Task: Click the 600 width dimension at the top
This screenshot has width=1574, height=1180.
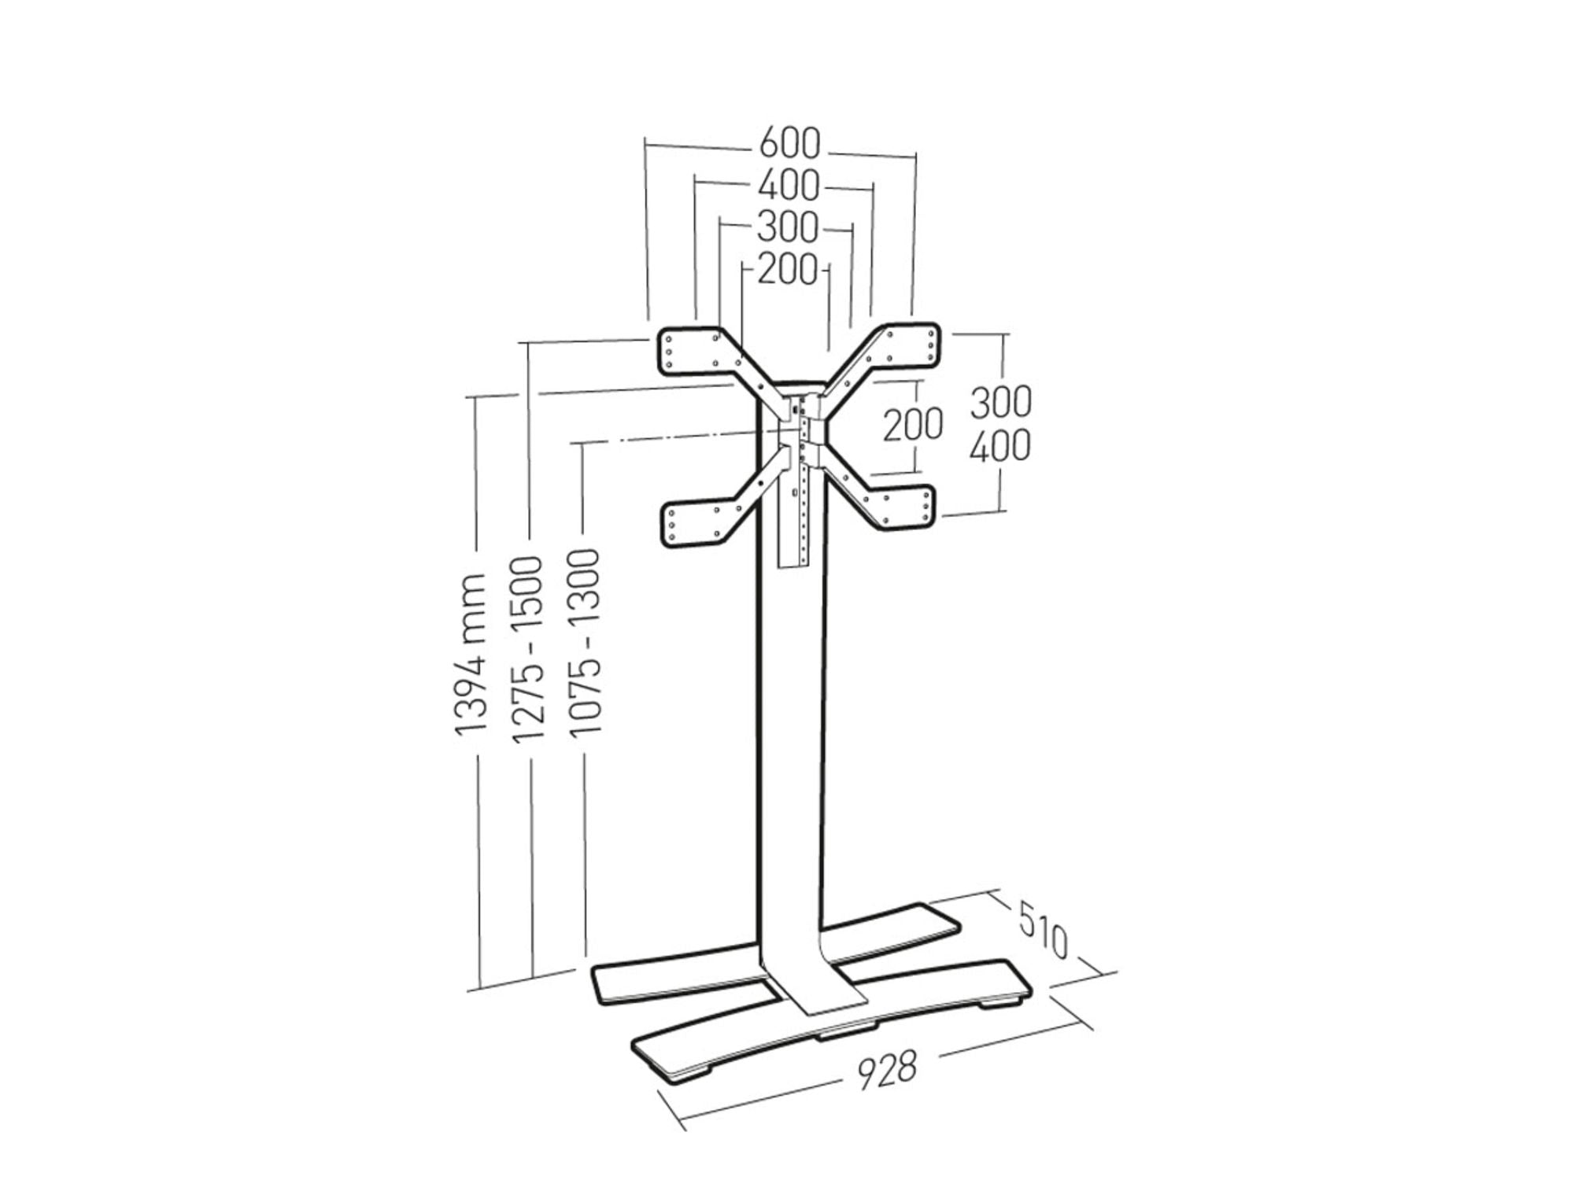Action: [789, 144]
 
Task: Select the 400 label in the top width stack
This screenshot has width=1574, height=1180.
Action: [789, 186]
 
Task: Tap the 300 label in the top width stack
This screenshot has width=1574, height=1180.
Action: [788, 228]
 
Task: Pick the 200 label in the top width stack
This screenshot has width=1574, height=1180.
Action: [788, 271]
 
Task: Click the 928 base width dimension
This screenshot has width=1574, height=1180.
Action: [887, 1071]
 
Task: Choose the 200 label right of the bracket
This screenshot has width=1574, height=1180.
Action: [912, 426]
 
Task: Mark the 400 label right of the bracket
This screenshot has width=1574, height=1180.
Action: [999, 446]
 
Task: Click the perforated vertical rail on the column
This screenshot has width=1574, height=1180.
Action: [801, 488]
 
